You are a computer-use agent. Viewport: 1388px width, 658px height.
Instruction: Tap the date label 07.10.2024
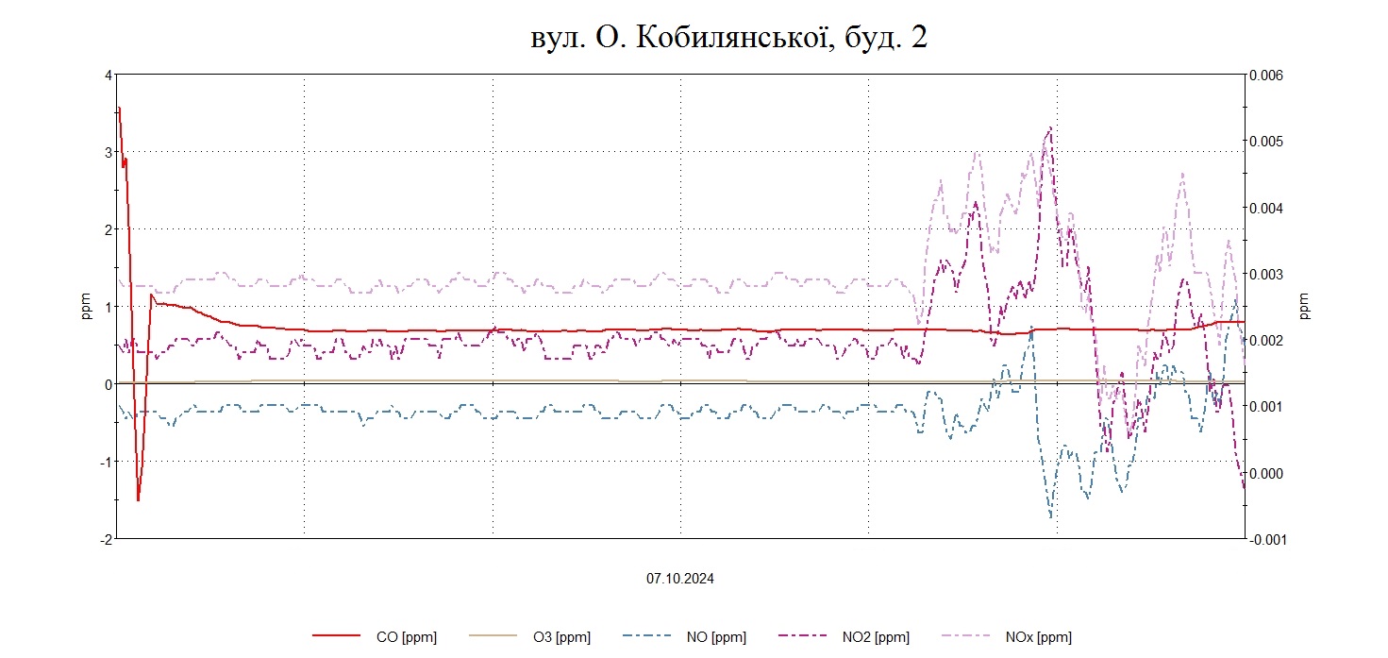tap(679, 579)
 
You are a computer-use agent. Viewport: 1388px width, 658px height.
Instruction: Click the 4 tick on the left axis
tap(109, 75)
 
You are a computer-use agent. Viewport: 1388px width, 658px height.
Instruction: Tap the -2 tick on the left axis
tap(106, 538)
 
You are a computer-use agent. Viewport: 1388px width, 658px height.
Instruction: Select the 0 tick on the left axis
tap(109, 384)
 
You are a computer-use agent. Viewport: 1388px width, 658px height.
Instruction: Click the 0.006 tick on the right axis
tap(1267, 75)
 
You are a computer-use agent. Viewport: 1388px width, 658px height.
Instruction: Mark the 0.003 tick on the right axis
tap(1267, 274)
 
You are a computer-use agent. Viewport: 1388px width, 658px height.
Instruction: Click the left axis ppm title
tap(86, 307)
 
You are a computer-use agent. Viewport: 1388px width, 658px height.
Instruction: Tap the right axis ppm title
tap(1304, 305)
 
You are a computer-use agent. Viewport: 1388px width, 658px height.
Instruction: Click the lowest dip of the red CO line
tap(138, 499)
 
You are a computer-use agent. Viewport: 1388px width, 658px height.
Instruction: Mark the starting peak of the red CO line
tap(119, 108)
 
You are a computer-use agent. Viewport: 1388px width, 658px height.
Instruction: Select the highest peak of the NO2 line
tap(1049, 128)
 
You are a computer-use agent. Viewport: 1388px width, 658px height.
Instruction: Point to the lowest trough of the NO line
tap(1051, 516)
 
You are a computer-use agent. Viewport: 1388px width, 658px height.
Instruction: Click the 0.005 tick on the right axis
tap(1267, 142)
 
